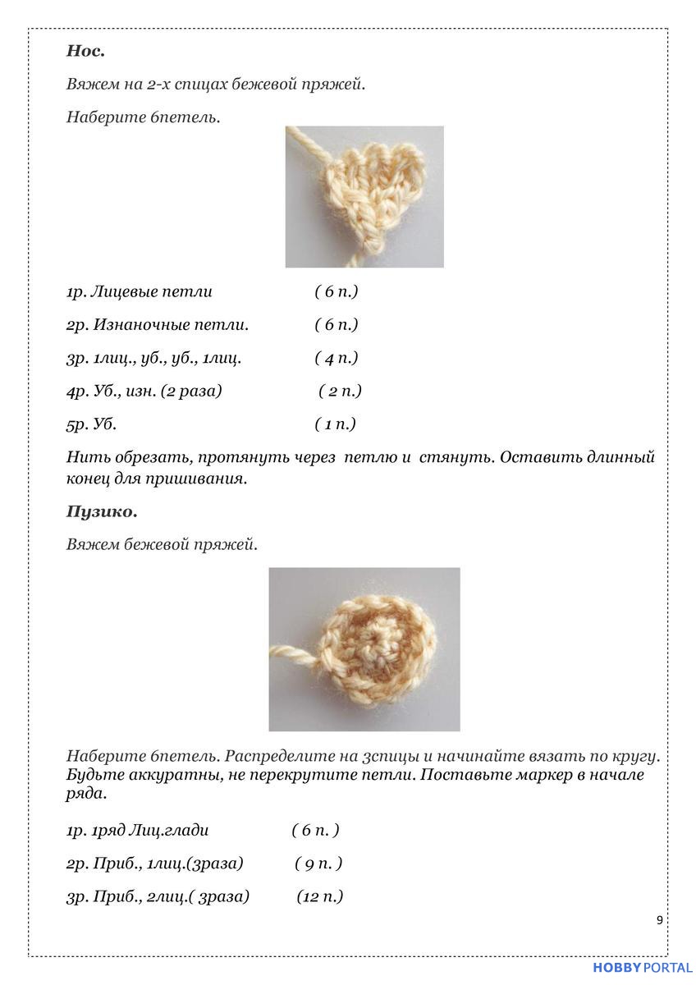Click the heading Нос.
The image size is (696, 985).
85,51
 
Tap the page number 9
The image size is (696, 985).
660,920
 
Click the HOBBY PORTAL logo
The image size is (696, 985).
642,969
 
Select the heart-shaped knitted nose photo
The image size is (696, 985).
364,196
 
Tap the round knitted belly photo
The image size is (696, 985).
364,648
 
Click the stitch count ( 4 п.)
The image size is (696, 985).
337,358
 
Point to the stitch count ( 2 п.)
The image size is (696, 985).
340,391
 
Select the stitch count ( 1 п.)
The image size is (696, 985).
335,424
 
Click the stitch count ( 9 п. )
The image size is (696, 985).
318,864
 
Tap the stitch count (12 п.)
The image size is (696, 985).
319,896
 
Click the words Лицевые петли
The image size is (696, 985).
152,291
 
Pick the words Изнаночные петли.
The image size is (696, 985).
171,325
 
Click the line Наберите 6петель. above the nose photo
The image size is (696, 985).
143,117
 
